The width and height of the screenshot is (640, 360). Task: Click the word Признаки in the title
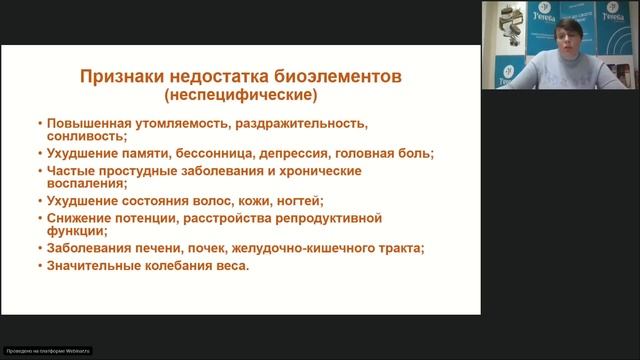click(x=119, y=77)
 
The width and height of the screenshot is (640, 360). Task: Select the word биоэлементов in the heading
click(x=339, y=77)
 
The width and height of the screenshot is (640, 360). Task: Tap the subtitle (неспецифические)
click(x=239, y=97)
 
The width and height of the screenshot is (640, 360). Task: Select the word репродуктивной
click(x=332, y=218)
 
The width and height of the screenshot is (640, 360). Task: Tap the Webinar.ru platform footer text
click(x=47, y=353)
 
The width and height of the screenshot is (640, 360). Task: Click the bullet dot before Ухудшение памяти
click(x=38, y=154)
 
